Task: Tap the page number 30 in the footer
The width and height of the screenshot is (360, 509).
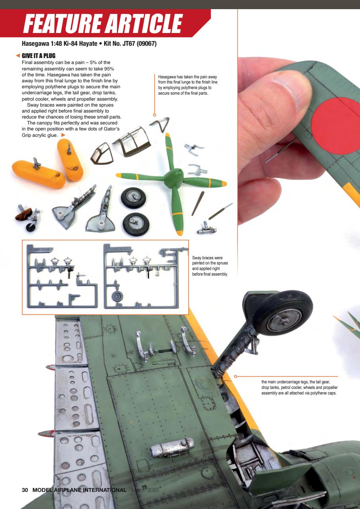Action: (x=25, y=490)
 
